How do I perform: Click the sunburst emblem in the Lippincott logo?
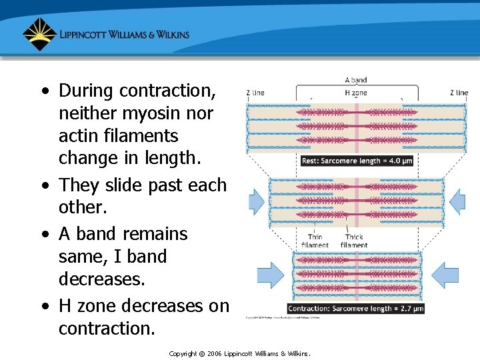coord(39,34)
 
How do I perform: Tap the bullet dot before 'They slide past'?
coord(44,185)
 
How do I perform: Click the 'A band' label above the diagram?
coord(355,81)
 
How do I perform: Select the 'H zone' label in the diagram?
coord(355,93)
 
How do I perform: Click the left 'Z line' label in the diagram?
coord(255,93)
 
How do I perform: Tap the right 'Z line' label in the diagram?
coord(459,93)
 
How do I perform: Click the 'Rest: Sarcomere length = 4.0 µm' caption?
coord(357,161)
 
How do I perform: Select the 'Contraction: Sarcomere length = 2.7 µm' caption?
coord(355,309)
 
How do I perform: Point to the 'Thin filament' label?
coord(315,241)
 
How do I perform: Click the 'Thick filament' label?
coord(353,241)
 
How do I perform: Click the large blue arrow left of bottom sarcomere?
coord(270,275)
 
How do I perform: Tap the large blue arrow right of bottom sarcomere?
coord(445,275)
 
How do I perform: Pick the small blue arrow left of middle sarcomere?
coord(257,201)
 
